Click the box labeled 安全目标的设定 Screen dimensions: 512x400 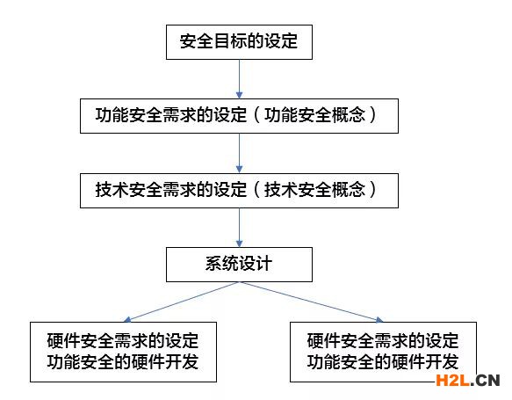click(x=239, y=42)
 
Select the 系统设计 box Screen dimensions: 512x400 click(x=239, y=265)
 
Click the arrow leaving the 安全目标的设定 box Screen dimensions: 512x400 click(x=239, y=79)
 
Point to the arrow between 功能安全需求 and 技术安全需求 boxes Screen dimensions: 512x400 click(x=239, y=153)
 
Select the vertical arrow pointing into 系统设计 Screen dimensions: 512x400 click(x=239, y=227)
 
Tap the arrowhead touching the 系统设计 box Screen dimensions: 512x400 click(x=239, y=244)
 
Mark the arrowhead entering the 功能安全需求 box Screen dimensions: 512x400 click(x=239, y=95)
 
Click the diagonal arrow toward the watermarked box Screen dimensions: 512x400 click(x=311, y=302)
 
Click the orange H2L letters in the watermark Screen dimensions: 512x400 click(x=453, y=381)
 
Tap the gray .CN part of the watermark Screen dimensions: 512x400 click(x=486, y=381)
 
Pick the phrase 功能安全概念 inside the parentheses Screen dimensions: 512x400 click(x=314, y=115)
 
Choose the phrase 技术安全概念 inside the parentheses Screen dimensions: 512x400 click(x=314, y=190)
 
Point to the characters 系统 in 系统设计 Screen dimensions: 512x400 click(x=222, y=264)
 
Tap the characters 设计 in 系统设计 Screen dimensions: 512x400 click(x=256, y=264)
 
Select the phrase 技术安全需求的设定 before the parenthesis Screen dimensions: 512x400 click(x=171, y=190)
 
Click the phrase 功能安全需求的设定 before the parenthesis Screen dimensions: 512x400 click(x=171, y=115)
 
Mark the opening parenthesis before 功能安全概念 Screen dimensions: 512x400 click(x=257, y=115)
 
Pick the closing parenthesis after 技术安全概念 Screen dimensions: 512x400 click(x=372, y=190)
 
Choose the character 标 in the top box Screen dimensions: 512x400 click(x=239, y=41)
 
